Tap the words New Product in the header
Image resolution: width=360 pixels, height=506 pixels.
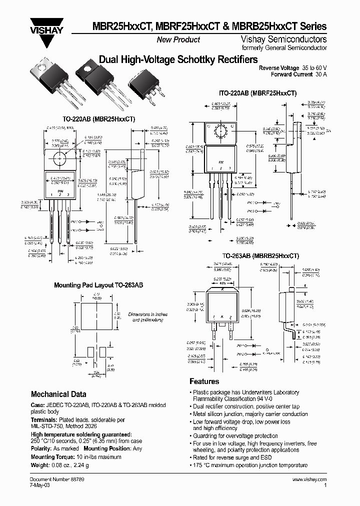coord(178,39)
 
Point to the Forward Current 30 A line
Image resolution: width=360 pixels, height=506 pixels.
coord(298,74)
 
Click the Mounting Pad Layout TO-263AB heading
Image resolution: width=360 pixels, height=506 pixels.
coord(98,285)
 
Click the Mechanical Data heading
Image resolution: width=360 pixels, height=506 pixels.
coord(58,394)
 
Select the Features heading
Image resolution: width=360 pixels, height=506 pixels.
coord(204,381)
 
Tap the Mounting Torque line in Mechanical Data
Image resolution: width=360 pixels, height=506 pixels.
coord(78,457)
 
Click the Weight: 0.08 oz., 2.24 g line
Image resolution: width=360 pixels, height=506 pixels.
coord(59,465)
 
